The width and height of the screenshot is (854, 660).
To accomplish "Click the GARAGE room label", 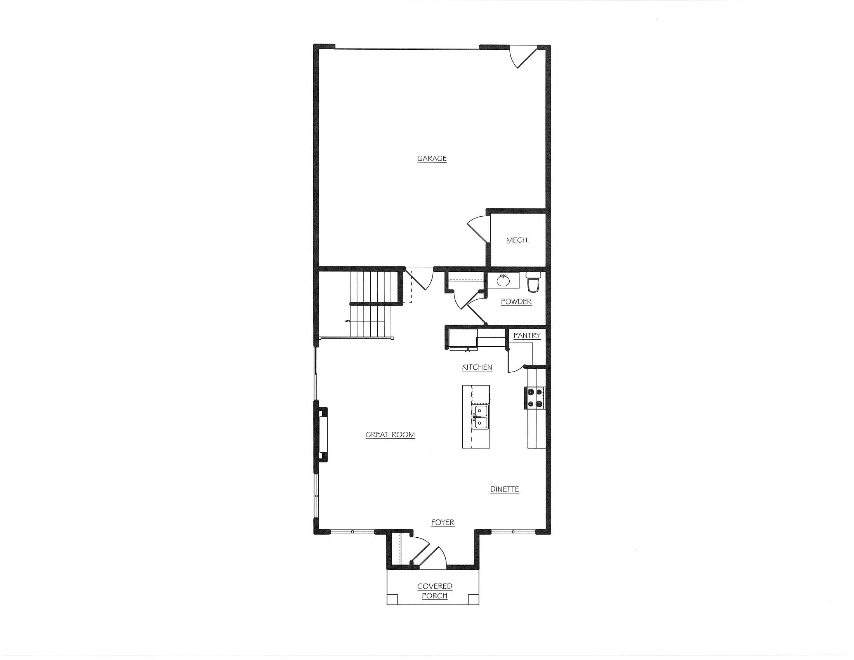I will point(432,158).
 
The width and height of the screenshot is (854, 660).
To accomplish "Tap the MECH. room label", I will point(518,240).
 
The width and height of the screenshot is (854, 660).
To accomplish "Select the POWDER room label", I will point(516,301).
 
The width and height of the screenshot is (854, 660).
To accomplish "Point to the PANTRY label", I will point(527,335).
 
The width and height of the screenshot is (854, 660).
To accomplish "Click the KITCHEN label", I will point(477,367).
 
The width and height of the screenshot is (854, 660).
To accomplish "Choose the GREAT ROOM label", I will point(390,434).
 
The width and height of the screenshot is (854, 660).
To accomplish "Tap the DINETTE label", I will point(504,489).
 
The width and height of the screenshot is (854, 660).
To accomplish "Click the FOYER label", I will point(443,522).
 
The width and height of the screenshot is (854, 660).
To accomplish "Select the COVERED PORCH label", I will point(434,591).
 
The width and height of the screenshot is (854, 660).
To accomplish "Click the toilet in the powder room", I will point(533,282).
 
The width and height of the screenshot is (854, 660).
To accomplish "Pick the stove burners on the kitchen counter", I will point(535,398).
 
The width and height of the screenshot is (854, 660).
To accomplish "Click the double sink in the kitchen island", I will point(480,417).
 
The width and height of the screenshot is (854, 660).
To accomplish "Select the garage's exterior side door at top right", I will point(522,56).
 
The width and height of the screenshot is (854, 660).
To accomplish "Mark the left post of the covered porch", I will point(392,599).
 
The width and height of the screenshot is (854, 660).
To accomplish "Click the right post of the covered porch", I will point(473,599).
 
